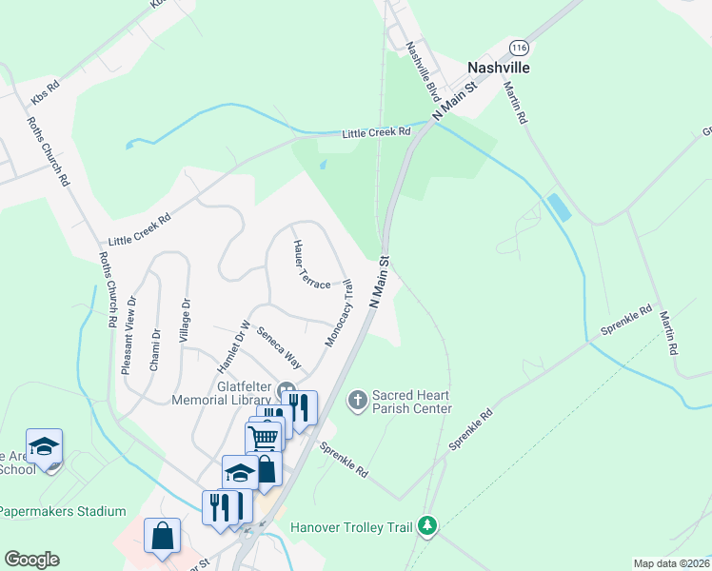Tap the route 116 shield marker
point(519,47)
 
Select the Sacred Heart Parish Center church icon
point(358,399)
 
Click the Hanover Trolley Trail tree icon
point(428,524)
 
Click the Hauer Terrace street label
point(310,266)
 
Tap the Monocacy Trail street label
point(338,313)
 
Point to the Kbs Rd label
point(45,92)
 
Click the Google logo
point(30,560)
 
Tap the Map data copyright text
point(672,563)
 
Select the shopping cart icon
point(264,436)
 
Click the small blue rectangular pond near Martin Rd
point(560,207)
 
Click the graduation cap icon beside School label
point(44,445)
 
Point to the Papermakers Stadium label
point(62,511)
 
